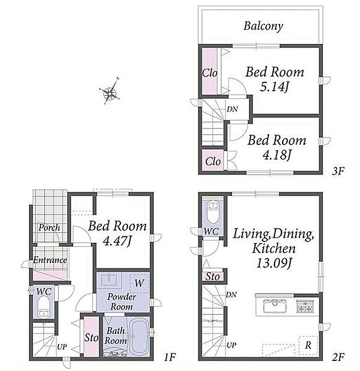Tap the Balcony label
point(263,26)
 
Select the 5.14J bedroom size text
point(275,87)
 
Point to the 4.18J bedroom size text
point(276,155)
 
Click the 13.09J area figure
point(274,263)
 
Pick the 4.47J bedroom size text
point(117,241)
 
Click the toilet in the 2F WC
point(213,212)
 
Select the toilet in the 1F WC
point(44,307)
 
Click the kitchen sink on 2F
point(275,305)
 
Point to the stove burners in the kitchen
point(305,307)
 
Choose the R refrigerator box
point(308,345)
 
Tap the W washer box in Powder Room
point(139,283)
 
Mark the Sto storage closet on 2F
point(212,276)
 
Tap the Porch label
point(49,228)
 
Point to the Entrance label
point(50,260)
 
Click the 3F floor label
point(338,171)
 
